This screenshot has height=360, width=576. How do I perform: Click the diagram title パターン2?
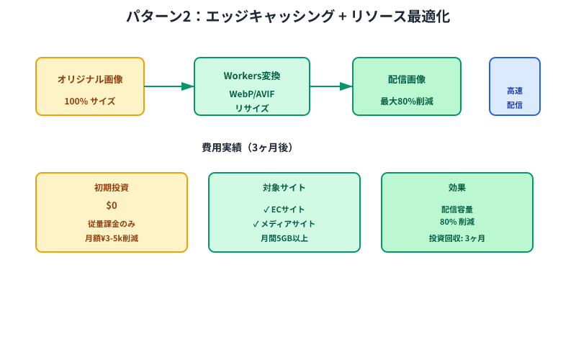(288, 17)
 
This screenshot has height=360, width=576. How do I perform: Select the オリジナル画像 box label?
(90, 79)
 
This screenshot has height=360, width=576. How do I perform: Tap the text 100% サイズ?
(90, 102)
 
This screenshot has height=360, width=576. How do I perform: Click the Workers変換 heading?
(252, 76)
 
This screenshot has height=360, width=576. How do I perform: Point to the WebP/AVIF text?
(252, 94)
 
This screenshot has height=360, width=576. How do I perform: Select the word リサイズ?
(252, 109)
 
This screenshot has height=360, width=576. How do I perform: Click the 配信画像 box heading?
(407, 79)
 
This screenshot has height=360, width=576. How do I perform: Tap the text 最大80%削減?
(407, 102)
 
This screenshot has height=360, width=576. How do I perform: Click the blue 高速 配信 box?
(515, 87)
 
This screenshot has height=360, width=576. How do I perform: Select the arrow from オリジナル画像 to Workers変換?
(169, 86)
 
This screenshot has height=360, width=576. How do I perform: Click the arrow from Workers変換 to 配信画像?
(331, 86)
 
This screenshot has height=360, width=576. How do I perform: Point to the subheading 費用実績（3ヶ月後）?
(248, 148)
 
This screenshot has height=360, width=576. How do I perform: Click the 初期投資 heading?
(112, 188)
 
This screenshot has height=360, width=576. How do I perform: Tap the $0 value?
(112, 206)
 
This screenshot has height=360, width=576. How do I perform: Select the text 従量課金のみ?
(112, 224)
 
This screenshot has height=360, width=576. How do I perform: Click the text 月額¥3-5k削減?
(112, 238)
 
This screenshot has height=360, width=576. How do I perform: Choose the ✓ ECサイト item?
(284, 210)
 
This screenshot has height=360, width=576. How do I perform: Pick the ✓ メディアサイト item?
(284, 224)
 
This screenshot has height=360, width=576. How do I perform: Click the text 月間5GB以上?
(284, 238)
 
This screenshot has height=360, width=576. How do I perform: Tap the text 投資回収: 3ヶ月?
(457, 238)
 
